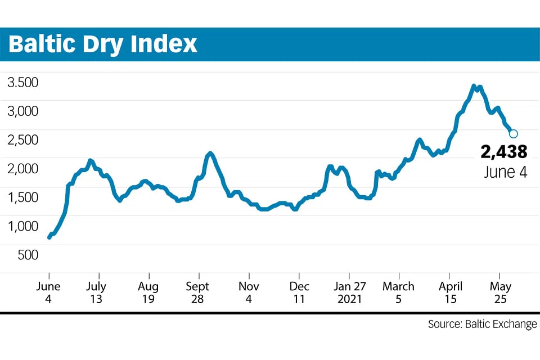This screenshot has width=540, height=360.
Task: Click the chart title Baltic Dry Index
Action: pos(103,44)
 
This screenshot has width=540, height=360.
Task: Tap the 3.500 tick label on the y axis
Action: pos(22,83)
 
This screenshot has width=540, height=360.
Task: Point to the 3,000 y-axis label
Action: pos(22,111)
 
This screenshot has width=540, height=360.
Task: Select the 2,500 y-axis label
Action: pos(22,140)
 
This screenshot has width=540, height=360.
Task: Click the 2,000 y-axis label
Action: pos(22,169)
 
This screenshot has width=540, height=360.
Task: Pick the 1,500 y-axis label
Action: pos(22,197)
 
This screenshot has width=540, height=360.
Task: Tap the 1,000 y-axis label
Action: pos(22,226)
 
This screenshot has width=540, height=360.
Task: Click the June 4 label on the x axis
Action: pos(49,292)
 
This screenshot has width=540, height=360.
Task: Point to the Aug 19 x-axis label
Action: pos(148,292)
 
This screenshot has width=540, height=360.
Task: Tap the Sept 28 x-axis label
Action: pos(197,292)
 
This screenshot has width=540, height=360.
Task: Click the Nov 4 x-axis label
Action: pos(248,292)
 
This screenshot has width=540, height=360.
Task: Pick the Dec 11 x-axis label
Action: pos(300,292)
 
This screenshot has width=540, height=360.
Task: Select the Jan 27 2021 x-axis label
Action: pos(349,292)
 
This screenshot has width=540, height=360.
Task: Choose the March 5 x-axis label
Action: pos(398,292)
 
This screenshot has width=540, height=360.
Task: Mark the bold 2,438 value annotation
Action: pos(504,152)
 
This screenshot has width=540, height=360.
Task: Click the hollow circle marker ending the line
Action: pos(513,133)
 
